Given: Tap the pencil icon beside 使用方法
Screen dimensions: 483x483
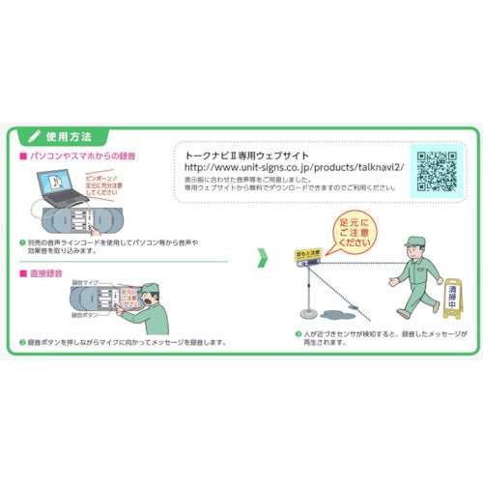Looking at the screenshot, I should click(36, 135).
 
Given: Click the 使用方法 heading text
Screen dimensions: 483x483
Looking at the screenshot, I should click(71, 135).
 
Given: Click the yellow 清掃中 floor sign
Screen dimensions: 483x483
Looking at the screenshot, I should click(453, 300).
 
